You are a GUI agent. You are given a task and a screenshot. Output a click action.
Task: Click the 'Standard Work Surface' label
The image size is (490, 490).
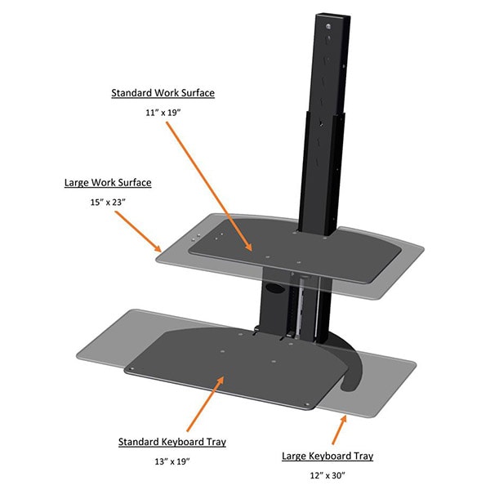click(x=163, y=93)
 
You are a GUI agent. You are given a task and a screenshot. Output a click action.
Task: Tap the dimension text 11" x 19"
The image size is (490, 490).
click(x=163, y=114)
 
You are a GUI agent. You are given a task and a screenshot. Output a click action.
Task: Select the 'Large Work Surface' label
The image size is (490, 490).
click(x=108, y=182)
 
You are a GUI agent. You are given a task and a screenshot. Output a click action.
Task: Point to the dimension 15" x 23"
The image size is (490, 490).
click(x=108, y=203)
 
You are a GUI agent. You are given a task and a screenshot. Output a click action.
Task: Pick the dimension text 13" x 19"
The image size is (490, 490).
click(x=171, y=463)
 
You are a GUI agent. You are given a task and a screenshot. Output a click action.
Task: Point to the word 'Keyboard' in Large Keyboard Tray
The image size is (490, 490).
click(x=334, y=456)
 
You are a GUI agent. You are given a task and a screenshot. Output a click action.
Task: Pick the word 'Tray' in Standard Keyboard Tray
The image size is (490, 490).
click(x=215, y=442)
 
